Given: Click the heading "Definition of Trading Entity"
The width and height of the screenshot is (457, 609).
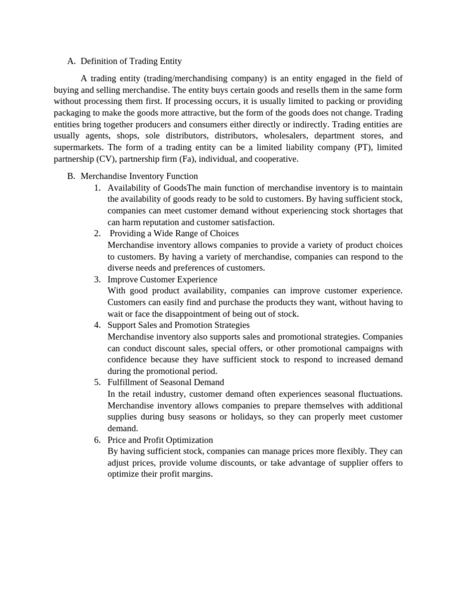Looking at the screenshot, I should click(131, 61).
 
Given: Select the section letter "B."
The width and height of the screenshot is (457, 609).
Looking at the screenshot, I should click(71, 176).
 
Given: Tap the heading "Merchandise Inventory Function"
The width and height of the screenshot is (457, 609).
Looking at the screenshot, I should click(139, 176).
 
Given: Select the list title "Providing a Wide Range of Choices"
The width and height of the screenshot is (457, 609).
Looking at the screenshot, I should click(174, 233).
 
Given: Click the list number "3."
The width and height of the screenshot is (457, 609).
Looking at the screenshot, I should click(97, 280).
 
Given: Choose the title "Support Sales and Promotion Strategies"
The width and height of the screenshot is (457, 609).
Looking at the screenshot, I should click(179, 325).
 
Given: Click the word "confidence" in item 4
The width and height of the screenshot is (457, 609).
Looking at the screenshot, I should click(127, 360).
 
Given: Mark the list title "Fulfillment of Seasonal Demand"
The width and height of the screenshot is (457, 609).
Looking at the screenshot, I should click(165, 382).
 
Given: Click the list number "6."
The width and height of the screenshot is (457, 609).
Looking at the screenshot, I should click(97, 440).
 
